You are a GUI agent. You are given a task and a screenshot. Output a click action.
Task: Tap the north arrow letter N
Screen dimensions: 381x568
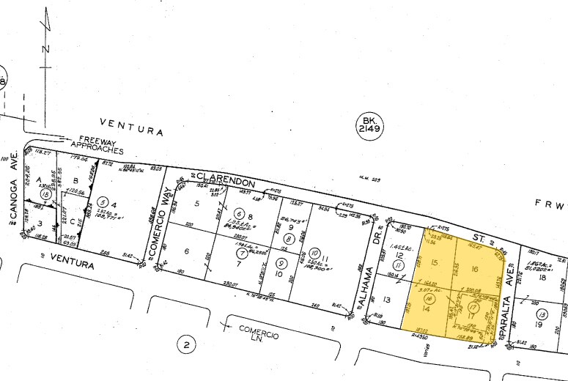pyautogui.click(x=46, y=48)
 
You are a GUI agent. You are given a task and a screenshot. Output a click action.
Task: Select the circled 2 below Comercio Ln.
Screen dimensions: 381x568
pyautogui.click(x=187, y=344)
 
